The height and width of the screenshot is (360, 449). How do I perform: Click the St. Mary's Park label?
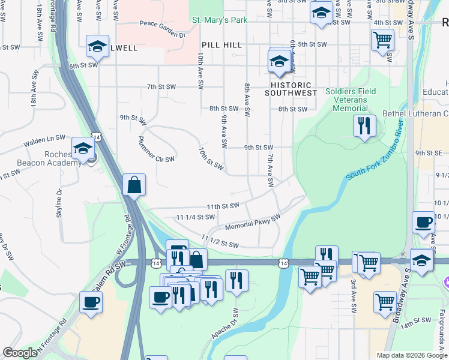click(220, 20)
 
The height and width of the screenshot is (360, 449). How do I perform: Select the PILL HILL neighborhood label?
click(221, 45)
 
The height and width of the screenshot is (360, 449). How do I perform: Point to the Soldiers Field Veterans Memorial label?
click(351, 100)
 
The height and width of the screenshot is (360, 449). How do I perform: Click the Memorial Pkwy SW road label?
click(253, 223)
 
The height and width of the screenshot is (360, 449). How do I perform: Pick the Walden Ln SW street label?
click(44, 141)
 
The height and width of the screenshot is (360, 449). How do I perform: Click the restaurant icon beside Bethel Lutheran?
click(364, 126)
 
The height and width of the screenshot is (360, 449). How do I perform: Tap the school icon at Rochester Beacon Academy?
click(83, 148)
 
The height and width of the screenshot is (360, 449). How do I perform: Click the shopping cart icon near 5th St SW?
click(382, 40)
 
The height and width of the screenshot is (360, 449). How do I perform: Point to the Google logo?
click(20, 353)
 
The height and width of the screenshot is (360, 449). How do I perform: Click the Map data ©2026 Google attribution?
click(412, 355)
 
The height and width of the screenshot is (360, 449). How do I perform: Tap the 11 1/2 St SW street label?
click(220, 241)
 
